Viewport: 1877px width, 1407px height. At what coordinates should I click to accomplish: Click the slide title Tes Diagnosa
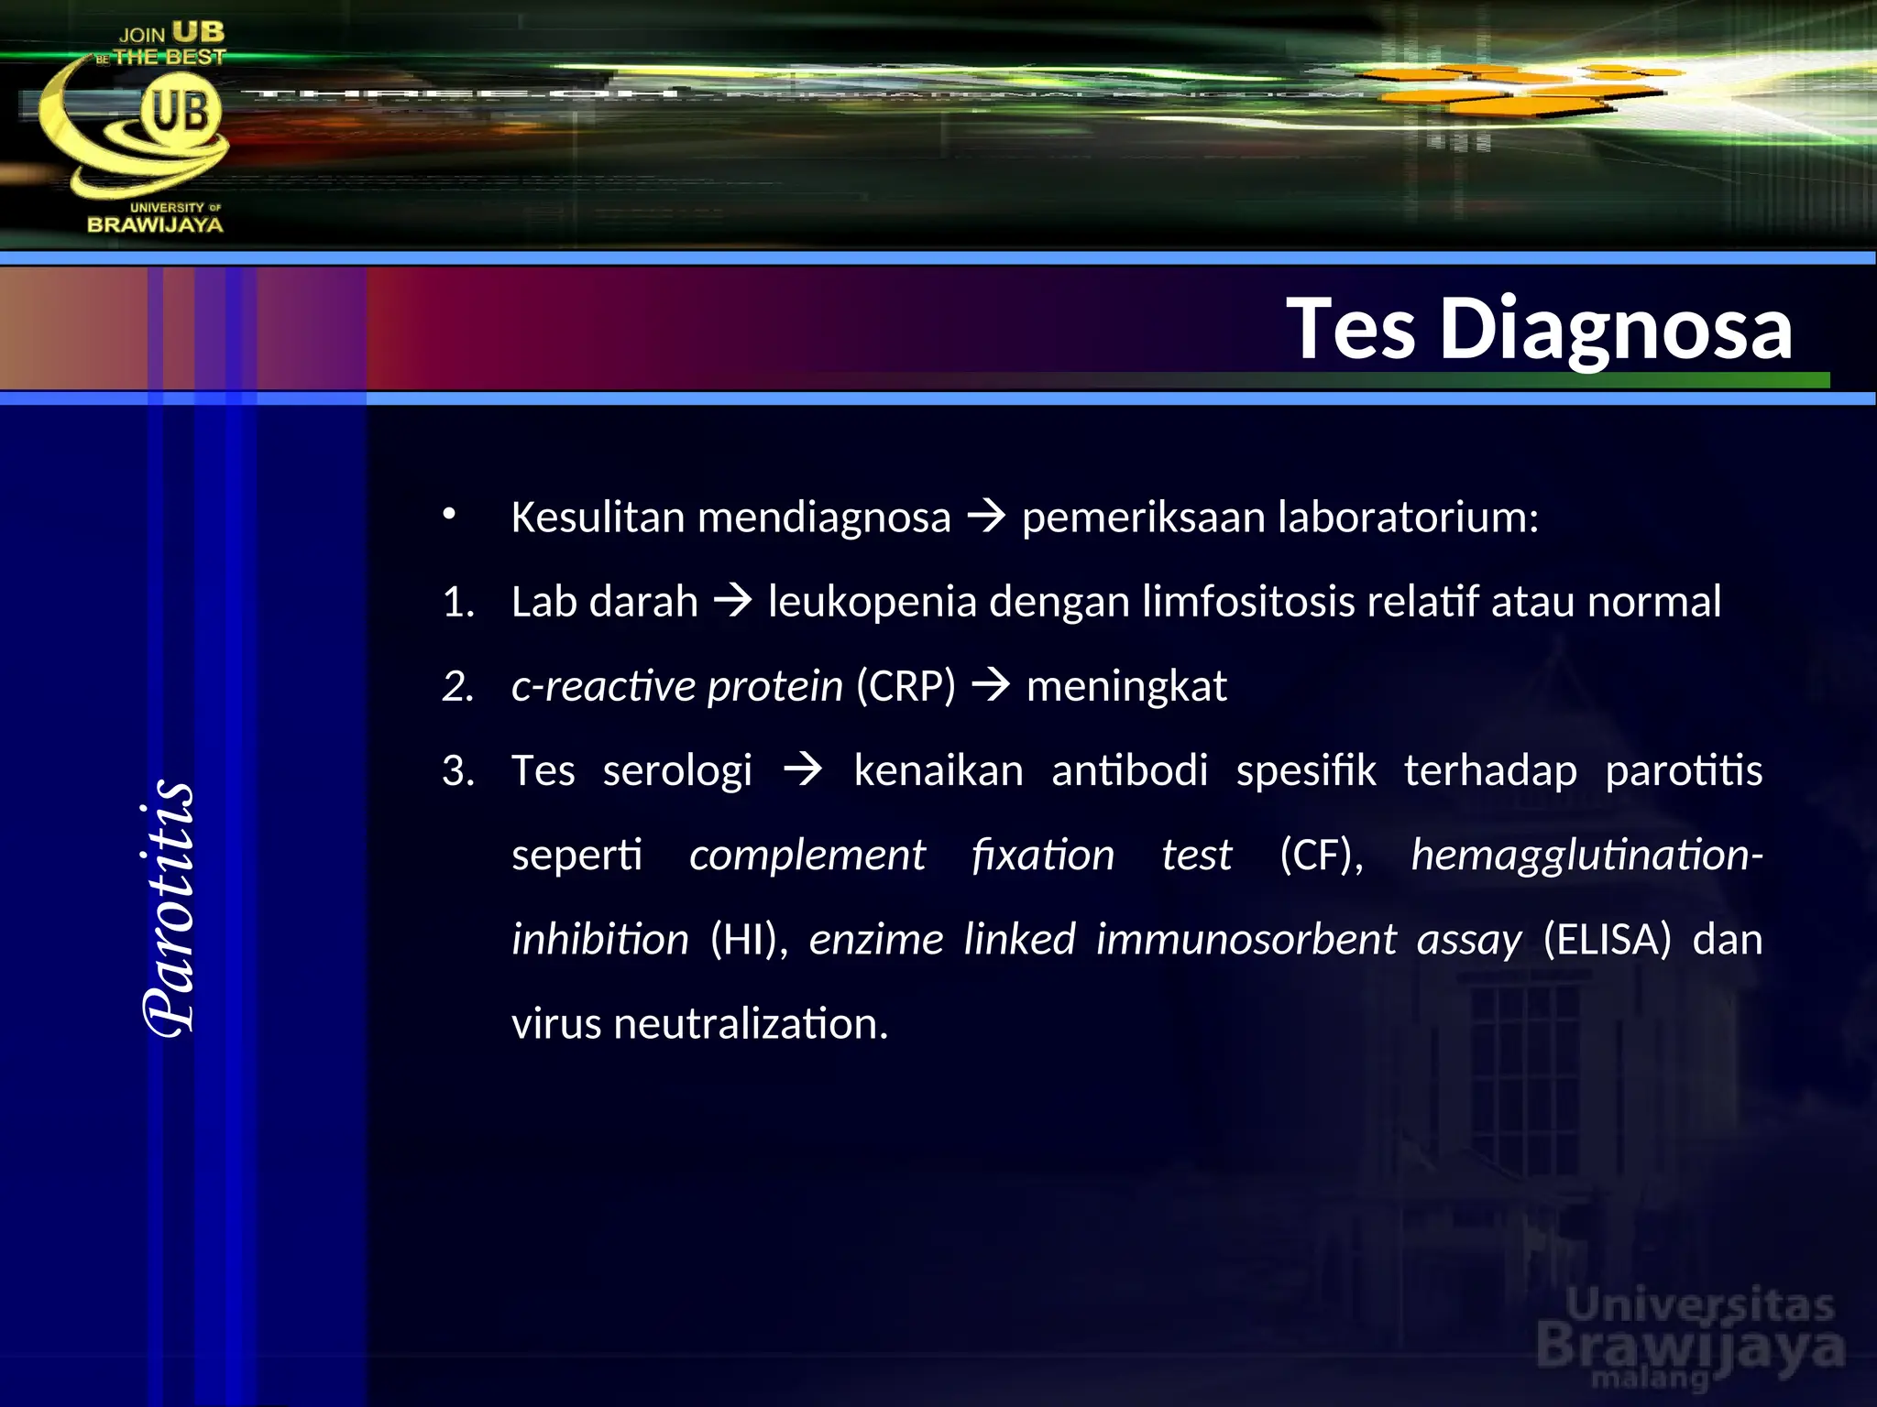[x=1539, y=328]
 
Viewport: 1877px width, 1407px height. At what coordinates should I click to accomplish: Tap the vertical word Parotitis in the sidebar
[x=170, y=907]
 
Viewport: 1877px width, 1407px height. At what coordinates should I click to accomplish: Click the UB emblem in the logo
[x=180, y=113]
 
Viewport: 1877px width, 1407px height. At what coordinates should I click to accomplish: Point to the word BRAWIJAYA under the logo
[x=155, y=224]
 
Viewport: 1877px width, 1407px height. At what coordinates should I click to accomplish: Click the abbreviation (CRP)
[x=906, y=686]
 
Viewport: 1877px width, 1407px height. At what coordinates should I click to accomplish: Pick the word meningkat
[x=1125, y=686]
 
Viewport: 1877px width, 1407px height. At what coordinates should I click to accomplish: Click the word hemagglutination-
[x=1586, y=855]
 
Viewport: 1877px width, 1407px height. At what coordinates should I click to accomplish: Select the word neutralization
[x=751, y=1023]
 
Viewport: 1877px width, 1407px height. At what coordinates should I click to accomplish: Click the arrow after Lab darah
[x=733, y=602]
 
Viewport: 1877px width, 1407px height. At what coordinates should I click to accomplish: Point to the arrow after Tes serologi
[x=804, y=770]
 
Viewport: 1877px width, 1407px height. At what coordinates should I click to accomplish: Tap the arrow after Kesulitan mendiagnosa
[x=986, y=518]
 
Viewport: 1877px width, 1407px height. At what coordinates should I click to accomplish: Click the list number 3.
[x=458, y=770]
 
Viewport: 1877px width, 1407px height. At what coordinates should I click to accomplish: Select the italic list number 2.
[x=458, y=686]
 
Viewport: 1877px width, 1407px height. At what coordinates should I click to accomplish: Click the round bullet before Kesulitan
[x=448, y=514]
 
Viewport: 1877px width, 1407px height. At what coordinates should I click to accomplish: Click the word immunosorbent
[x=1246, y=939]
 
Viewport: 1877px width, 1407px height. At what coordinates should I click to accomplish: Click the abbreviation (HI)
[x=748, y=939]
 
